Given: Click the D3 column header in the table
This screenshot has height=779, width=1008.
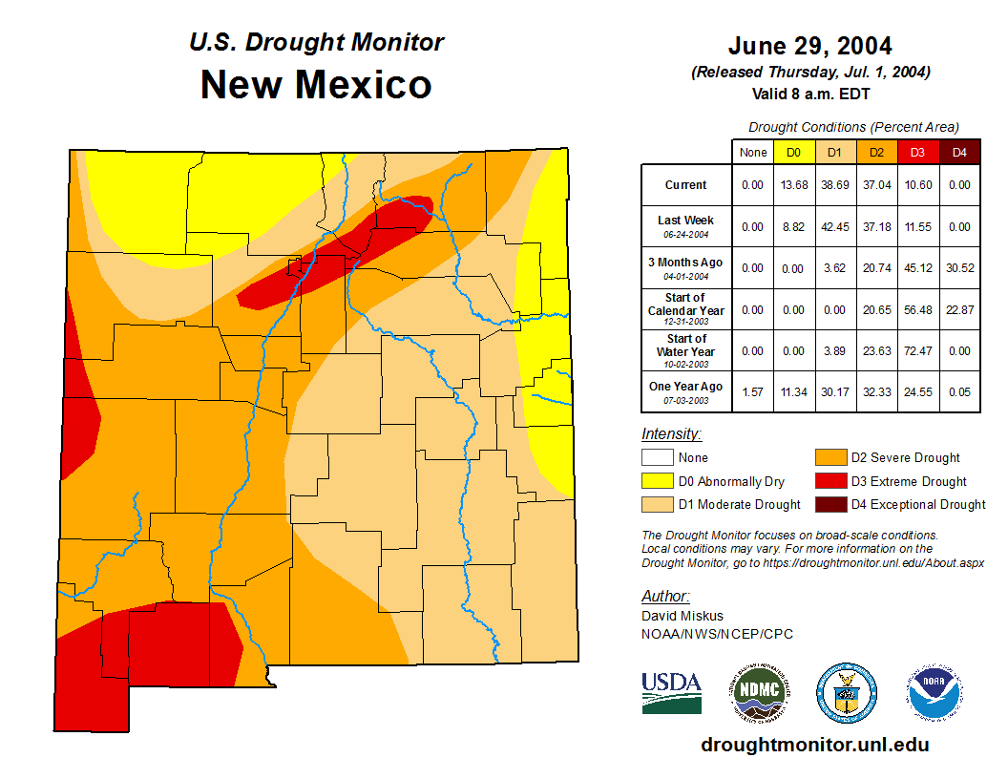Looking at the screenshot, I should point(918,152).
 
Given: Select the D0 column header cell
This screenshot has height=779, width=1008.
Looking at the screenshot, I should point(793,152).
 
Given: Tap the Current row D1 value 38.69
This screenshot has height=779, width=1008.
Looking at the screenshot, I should point(835,185).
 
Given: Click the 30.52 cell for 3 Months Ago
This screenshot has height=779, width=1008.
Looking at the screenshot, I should point(959,268).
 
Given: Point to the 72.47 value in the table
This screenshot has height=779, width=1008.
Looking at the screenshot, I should point(918,351).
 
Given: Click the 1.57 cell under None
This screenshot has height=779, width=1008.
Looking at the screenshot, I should point(753,391).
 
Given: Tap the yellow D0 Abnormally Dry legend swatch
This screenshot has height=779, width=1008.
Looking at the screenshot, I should point(657,481).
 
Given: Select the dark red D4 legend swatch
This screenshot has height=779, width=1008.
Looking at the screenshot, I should point(829,504).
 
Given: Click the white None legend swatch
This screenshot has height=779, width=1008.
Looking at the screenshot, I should point(657,458).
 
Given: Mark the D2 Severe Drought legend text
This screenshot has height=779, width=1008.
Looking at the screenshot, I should point(905,458).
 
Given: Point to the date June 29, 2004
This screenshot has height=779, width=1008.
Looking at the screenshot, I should point(809,46).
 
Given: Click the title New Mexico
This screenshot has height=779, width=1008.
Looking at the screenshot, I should point(316,85).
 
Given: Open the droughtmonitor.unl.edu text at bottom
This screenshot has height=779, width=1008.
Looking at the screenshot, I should point(815,745).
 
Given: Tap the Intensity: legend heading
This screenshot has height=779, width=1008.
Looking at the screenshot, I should point(671,434).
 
